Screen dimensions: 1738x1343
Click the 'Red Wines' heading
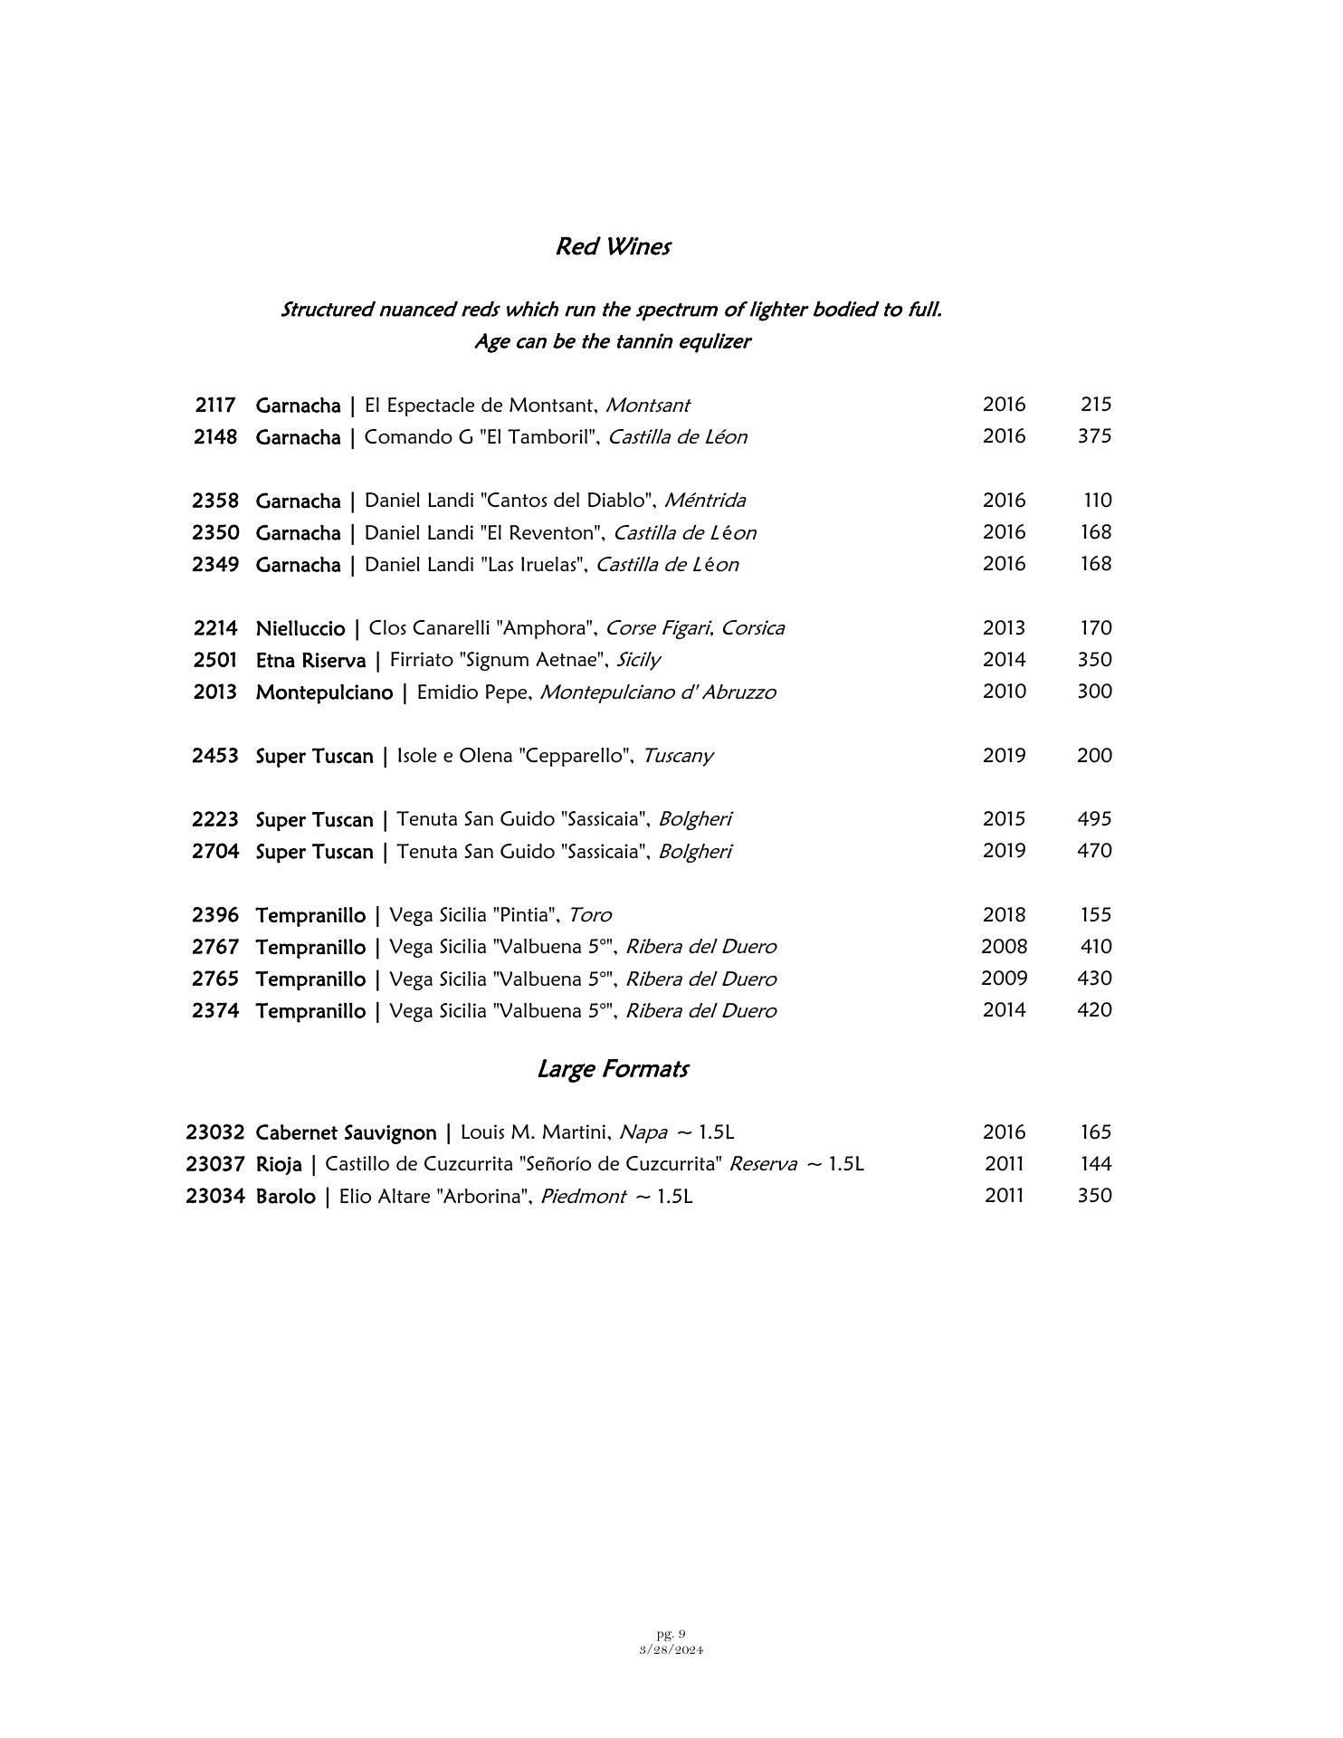click(x=613, y=246)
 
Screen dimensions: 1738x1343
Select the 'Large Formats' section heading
click(x=613, y=1069)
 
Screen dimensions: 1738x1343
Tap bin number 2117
click(x=215, y=405)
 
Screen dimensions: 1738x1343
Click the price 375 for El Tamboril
click(x=1094, y=436)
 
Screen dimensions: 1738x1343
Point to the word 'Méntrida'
click(x=705, y=501)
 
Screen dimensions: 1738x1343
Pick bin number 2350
click(x=215, y=532)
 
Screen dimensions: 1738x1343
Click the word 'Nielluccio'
click(x=300, y=628)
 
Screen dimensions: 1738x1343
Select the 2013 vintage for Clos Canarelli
click(x=1004, y=628)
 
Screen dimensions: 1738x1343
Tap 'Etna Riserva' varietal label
click(x=310, y=660)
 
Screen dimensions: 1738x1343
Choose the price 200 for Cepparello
click(x=1094, y=756)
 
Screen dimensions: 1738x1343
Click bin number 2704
click(x=215, y=852)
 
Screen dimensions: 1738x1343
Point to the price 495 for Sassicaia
click(x=1094, y=819)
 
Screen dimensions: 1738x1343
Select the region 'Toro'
click(x=589, y=915)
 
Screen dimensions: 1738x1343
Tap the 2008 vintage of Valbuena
click(x=1004, y=947)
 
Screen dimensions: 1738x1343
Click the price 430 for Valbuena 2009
click(x=1094, y=979)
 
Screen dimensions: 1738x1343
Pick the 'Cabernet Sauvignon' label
click(x=346, y=1132)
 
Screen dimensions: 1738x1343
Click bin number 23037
click(x=215, y=1164)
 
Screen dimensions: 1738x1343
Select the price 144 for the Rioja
click(x=1096, y=1164)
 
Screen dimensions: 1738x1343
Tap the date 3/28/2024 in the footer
click(x=671, y=1649)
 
